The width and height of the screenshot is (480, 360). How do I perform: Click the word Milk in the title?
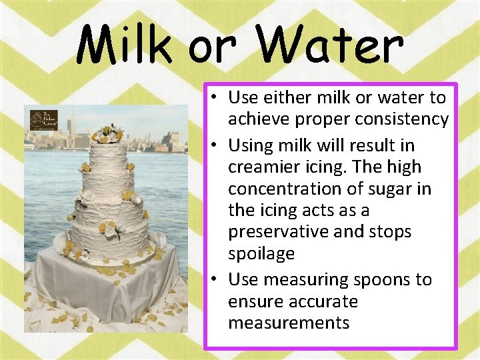[125, 45]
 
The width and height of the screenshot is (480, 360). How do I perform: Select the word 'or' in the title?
[213, 48]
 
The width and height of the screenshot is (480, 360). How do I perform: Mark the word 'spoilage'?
[261, 254]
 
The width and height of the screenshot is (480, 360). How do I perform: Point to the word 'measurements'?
[288, 323]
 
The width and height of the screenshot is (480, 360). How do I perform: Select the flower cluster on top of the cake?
[107, 133]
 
